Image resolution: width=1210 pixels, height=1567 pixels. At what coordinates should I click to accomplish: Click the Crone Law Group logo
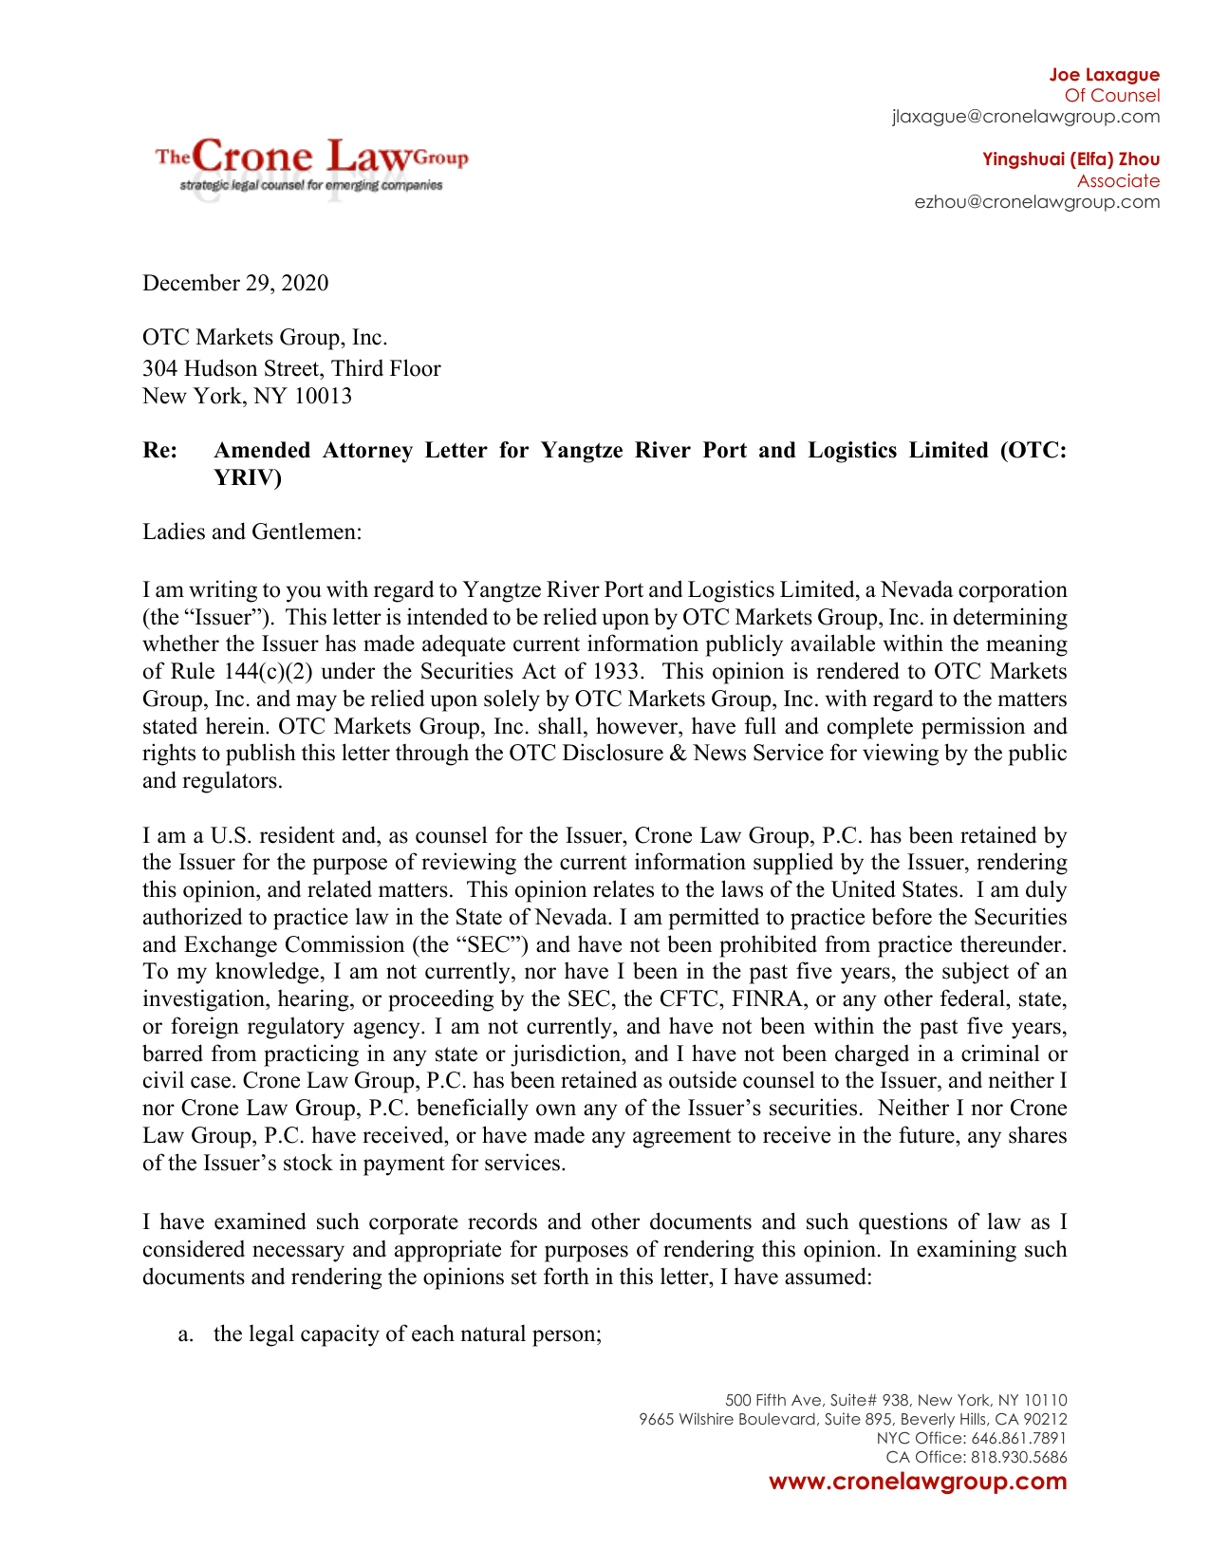(311, 164)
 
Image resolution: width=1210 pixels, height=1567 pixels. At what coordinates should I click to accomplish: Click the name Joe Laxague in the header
(1104, 75)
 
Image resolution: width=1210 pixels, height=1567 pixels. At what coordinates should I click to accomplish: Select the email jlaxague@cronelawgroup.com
(1025, 117)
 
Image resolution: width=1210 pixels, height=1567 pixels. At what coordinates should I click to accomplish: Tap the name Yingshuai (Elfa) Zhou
(1070, 159)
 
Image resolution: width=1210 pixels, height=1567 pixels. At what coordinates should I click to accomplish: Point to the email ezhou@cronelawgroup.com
(1036, 202)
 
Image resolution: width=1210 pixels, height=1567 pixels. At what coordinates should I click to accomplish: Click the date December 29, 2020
(235, 283)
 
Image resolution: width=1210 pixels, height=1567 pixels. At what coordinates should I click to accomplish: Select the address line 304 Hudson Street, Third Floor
(291, 368)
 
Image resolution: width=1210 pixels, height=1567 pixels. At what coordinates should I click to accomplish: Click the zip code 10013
(323, 396)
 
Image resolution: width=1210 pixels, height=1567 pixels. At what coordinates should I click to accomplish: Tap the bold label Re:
(160, 450)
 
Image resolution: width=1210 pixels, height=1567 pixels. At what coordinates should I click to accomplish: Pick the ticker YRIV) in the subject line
(248, 477)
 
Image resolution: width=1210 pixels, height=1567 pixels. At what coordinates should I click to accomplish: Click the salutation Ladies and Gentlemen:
(252, 532)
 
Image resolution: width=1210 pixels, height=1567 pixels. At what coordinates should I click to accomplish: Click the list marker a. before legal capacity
(186, 1334)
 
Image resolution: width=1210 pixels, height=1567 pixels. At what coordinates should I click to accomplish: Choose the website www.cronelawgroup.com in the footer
(918, 1482)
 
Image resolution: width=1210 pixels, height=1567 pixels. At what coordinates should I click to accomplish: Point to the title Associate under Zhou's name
(1118, 181)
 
